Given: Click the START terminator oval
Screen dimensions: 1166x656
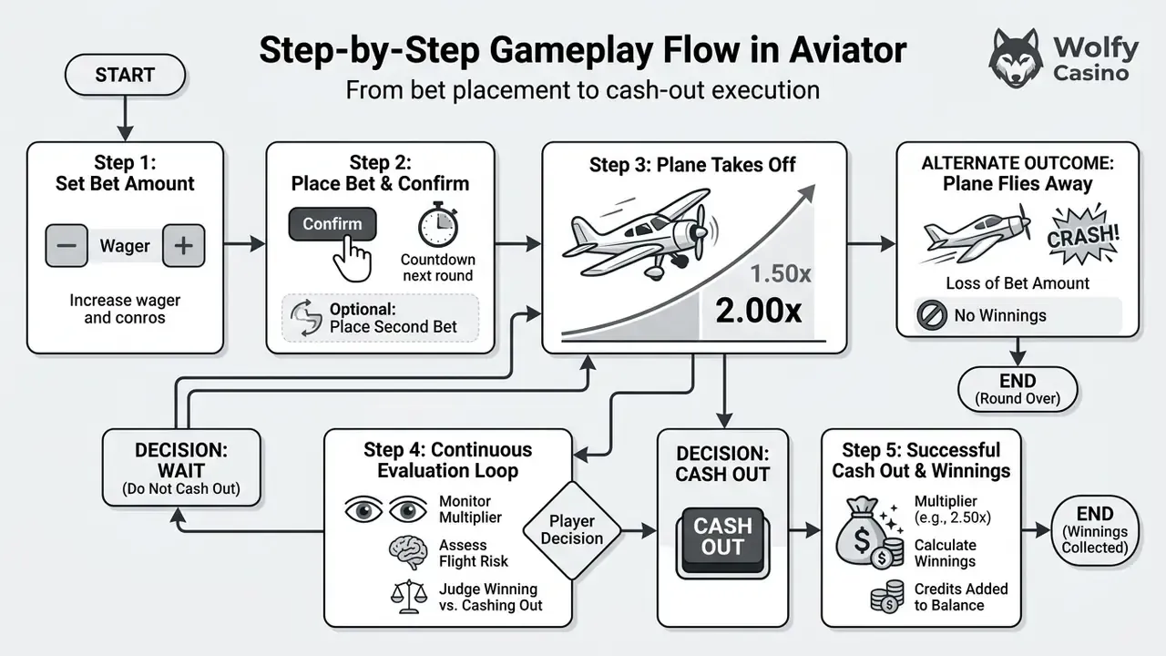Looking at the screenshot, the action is point(125,75).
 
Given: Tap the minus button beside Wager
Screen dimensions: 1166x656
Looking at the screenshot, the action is point(66,245).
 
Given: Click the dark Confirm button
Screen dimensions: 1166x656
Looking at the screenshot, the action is point(332,224).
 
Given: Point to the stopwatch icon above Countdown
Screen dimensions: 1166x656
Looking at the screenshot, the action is point(438,224).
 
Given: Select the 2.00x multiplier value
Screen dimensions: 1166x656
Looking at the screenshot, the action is point(759,311).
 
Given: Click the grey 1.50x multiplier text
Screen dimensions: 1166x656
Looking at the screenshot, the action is point(781,273).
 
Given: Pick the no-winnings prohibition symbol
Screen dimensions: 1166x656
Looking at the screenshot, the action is point(931,315).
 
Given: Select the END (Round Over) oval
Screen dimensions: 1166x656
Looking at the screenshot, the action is point(1018,389).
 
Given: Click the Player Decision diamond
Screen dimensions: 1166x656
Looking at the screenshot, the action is point(571,530).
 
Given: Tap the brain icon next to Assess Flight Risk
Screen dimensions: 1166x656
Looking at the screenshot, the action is point(409,552).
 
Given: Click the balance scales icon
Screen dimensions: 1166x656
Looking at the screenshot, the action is point(409,597).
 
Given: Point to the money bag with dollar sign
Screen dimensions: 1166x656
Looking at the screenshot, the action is point(862,531).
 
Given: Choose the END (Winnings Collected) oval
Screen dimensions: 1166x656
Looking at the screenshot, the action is point(1095,530).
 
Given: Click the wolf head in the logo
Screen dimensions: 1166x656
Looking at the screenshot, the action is point(1016,58).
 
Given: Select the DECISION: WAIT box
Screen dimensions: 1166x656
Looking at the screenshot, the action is point(181,467).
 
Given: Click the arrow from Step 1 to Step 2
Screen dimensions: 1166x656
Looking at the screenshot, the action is point(244,243).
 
